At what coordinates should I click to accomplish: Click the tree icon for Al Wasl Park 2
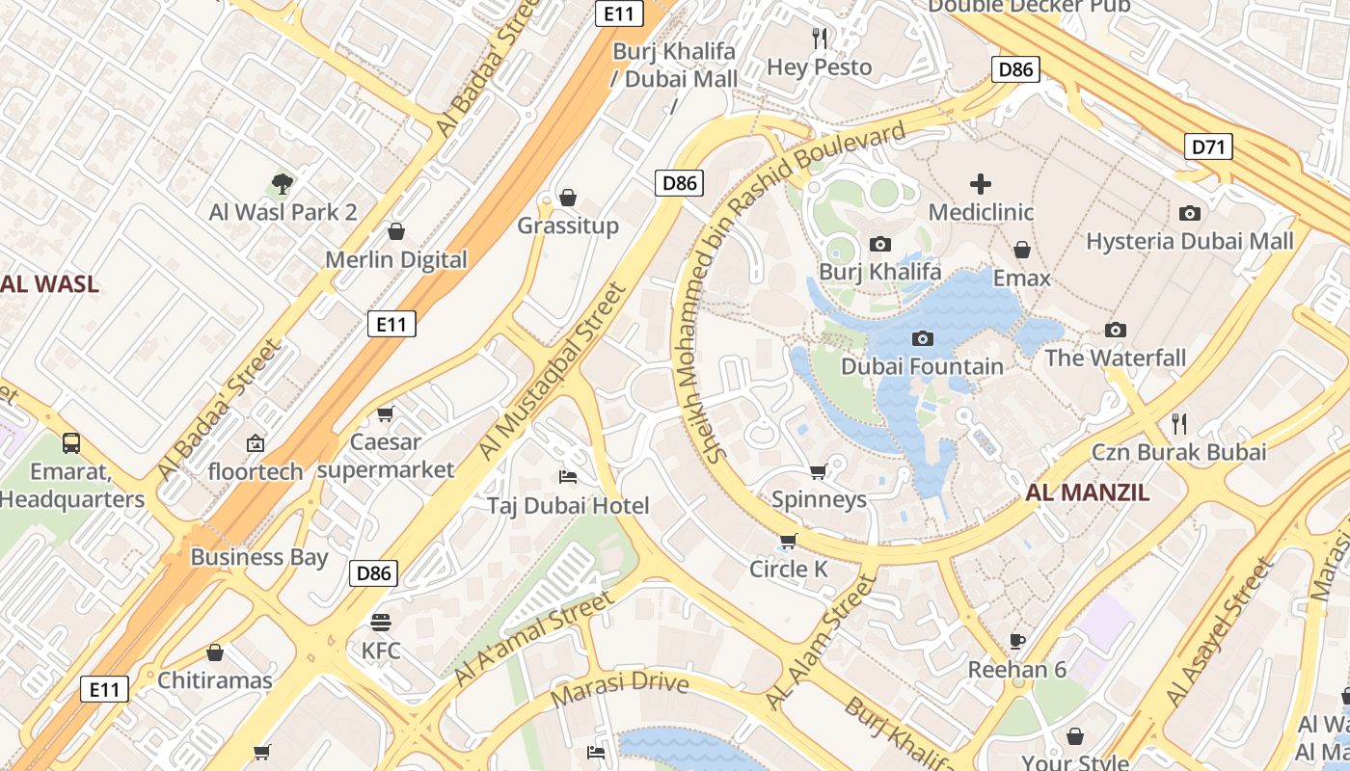coord(282,183)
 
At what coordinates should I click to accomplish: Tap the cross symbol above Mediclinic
coord(981,183)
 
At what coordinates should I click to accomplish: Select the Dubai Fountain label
coord(922,366)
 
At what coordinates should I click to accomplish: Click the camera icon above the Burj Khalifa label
coord(879,245)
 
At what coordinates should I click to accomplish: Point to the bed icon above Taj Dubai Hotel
coord(568,477)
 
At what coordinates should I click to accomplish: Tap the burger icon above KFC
coord(380,622)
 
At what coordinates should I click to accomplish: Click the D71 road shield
coord(1207,146)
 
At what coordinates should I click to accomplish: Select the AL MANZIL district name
coord(1087,492)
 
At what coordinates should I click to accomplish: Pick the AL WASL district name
coord(48,284)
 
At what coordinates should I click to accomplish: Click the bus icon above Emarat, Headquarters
coord(71,443)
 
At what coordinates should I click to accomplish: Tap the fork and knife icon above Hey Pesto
coord(820,39)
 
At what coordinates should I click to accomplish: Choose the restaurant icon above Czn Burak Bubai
coord(1178,423)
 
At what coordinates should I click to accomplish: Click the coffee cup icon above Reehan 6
coord(1016,641)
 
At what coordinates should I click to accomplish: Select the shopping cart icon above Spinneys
coord(818,471)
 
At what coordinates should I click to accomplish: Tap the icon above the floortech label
coord(256,443)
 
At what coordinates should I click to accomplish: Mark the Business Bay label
coord(258,557)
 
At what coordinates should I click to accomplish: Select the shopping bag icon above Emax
coord(1021,251)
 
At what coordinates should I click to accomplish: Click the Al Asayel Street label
coord(1219,632)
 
